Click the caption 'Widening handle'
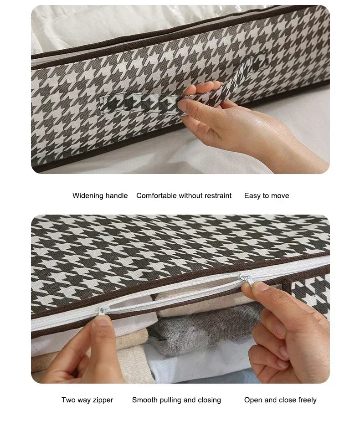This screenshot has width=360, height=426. [100, 195]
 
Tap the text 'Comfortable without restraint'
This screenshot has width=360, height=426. [184, 195]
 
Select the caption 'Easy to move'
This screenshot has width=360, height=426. [266, 195]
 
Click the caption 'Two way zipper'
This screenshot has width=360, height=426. [87, 400]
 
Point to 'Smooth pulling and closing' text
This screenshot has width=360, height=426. [176, 400]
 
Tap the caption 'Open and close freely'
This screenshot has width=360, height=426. [280, 400]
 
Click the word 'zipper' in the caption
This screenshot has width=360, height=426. [102, 400]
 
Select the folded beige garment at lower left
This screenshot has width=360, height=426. [50, 360]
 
